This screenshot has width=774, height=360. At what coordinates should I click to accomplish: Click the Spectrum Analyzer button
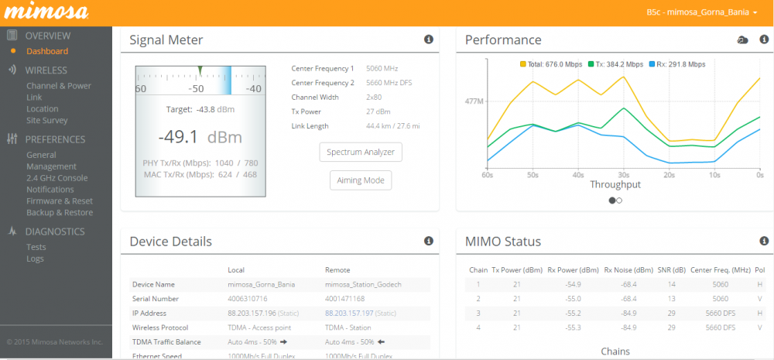(x=361, y=152)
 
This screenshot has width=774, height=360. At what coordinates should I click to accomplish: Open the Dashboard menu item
(x=47, y=51)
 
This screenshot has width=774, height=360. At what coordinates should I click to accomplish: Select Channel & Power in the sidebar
(x=59, y=86)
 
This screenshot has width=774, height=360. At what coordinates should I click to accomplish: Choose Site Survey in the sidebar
(x=47, y=120)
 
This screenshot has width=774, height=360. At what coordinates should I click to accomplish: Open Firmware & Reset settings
(x=60, y=201)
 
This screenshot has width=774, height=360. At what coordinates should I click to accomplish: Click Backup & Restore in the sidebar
(x=60, y=212)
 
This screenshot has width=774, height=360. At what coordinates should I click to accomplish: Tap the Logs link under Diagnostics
(x=36, y=259)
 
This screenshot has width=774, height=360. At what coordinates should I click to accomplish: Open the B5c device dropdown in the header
(x=701, y=12)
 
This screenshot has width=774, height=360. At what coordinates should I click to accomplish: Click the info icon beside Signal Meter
(x=428, y=39)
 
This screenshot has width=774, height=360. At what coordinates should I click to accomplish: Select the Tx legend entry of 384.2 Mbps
(x=615, y=64)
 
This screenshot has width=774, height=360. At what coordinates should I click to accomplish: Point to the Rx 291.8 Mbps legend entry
(x=677, y=64)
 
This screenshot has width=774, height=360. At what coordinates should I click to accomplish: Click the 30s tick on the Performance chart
(x=623, y=175)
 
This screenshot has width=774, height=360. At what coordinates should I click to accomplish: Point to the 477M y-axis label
(x=474, y=101)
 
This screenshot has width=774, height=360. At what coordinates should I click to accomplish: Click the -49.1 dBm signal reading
(x=200, y=137)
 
